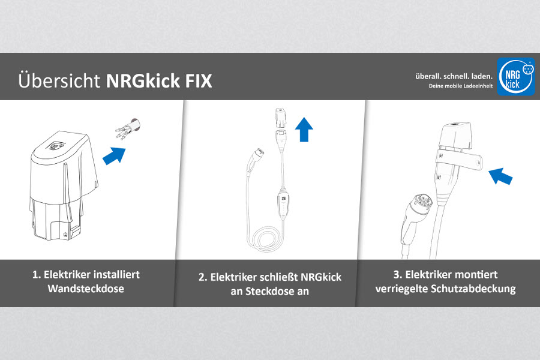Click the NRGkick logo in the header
(x=515, y=76)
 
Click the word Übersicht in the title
(x=59, y=80)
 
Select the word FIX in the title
(x=199, y=81)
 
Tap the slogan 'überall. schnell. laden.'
(x=454, y=76)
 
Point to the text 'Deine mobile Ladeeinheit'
(x=460, y=86)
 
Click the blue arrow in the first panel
(x=115, y=156)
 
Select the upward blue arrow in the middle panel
(x=304, y=130)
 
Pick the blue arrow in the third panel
(x=500, y=176)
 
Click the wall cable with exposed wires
(x=128, y=129)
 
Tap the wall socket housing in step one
(x=63, y=185)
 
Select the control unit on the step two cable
(x=283, y=203)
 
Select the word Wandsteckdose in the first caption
(x=86, y=289)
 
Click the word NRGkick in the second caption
(x=320, y=277)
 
